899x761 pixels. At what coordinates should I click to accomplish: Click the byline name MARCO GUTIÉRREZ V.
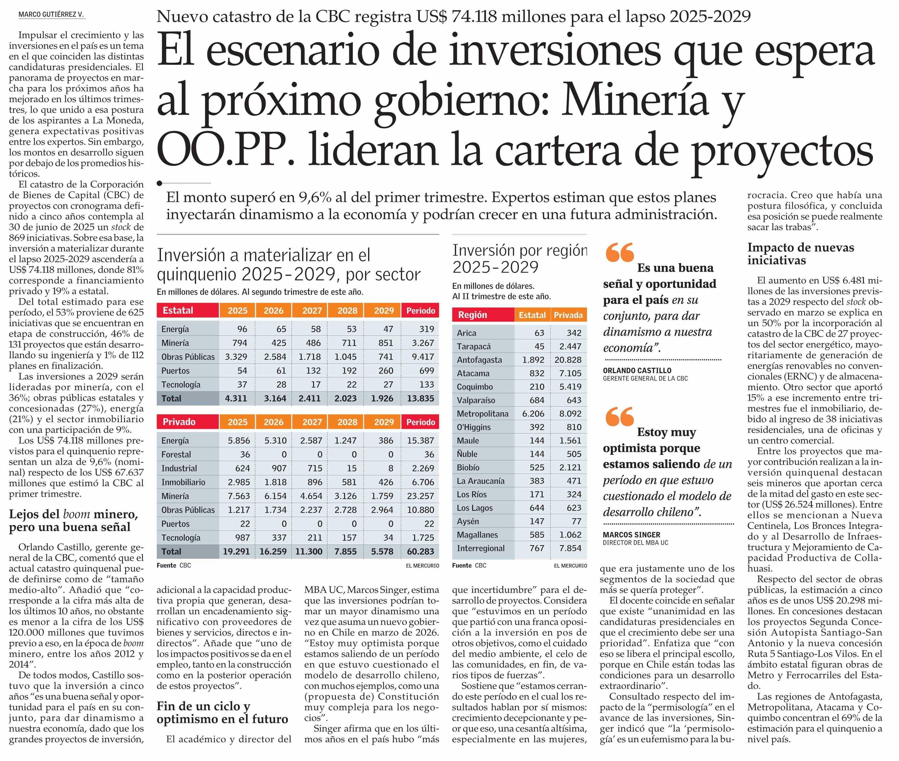[51, 15]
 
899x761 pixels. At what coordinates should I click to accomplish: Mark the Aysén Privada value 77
[576, 521]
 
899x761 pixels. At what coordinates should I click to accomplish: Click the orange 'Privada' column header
[568, 315]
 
